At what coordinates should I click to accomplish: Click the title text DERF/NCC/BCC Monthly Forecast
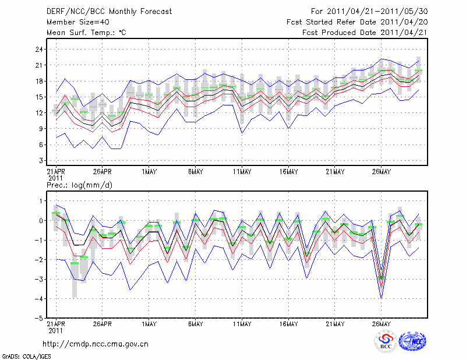(109, 12)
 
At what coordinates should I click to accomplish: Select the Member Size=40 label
(75, 22)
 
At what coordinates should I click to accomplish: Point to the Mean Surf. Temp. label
(86, 33)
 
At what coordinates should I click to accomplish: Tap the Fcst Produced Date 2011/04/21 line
(365, 33)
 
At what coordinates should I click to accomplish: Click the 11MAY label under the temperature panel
(242, 172)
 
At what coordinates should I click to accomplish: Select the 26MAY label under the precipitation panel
(382, 323)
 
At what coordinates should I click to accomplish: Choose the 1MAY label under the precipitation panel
(150, 323)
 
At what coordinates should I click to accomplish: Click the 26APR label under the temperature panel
(103, 172)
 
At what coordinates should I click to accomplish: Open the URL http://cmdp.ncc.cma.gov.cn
(96, 344)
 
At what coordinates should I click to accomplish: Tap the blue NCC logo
(412, 342)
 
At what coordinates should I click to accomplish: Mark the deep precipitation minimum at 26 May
(382, 297)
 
